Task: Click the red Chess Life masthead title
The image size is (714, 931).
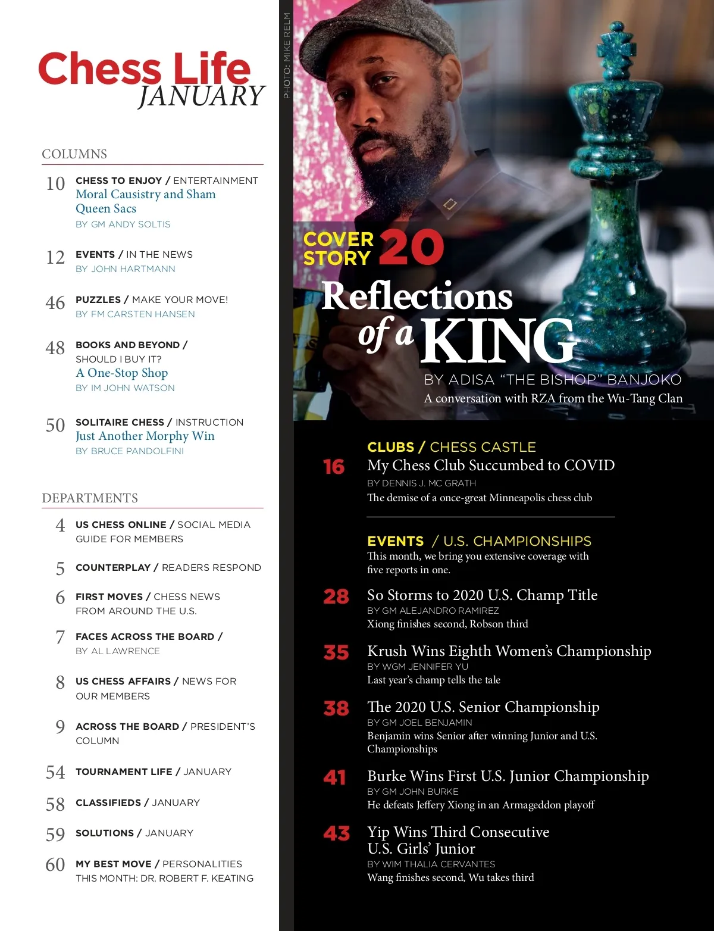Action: click(144, 68)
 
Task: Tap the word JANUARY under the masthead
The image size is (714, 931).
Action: click(201, 96)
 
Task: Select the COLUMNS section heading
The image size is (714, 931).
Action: click(74, 154)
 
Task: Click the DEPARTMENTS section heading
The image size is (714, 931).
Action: click(90, 498)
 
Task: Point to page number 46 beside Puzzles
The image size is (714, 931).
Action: click(55, 303)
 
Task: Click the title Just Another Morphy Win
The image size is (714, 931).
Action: click(145, 436)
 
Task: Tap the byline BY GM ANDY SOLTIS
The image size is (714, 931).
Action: click(123, 224)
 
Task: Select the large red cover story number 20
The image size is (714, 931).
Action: click(411, 248)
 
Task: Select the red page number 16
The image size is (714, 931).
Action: click(334, 467)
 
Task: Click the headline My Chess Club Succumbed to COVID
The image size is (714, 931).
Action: click(491, 465)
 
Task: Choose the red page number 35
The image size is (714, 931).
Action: click(336, 652)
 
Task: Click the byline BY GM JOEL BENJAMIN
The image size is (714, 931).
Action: click(419, 723)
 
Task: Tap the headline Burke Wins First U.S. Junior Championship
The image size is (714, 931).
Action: click(508, 776)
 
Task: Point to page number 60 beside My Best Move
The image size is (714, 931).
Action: click(55, 864)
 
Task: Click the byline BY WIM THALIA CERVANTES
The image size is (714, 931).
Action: click(431, 864)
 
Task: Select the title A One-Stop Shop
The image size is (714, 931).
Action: click(122, 373)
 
